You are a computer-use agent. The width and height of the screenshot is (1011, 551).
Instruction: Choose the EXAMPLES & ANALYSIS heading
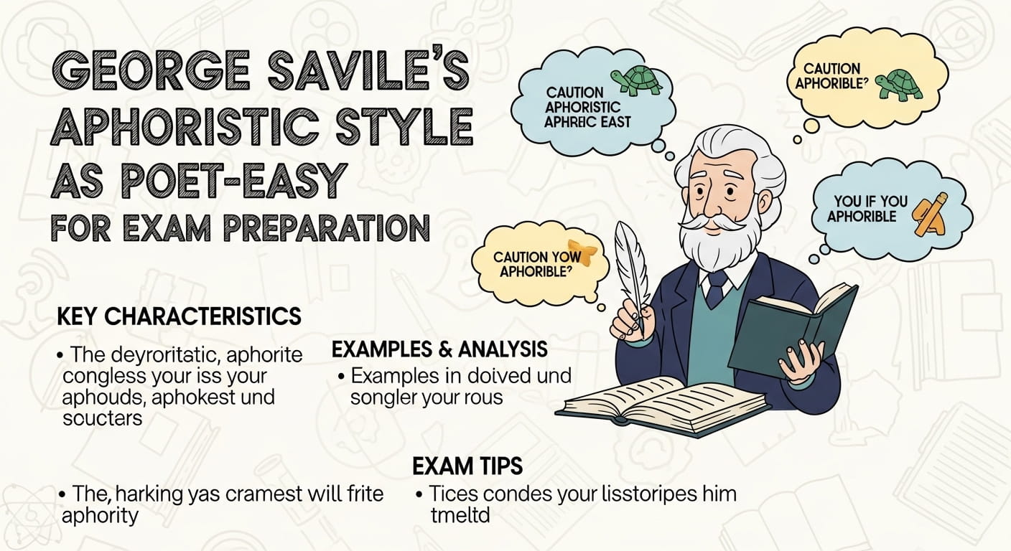coord(439,349)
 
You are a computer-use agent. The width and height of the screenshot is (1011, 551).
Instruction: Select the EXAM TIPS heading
coord(467,466)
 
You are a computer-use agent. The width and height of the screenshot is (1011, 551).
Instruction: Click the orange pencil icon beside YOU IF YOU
coord(930,214)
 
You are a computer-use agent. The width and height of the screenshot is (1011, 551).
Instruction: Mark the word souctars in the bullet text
coord(103,418)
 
